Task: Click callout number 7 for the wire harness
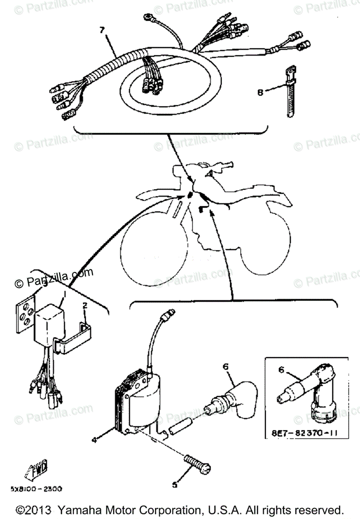(x=102, y=31)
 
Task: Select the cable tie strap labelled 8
(x=290, y=91)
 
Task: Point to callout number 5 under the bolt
(x=174, y=485)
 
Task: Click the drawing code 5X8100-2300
(x=36, y=489)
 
